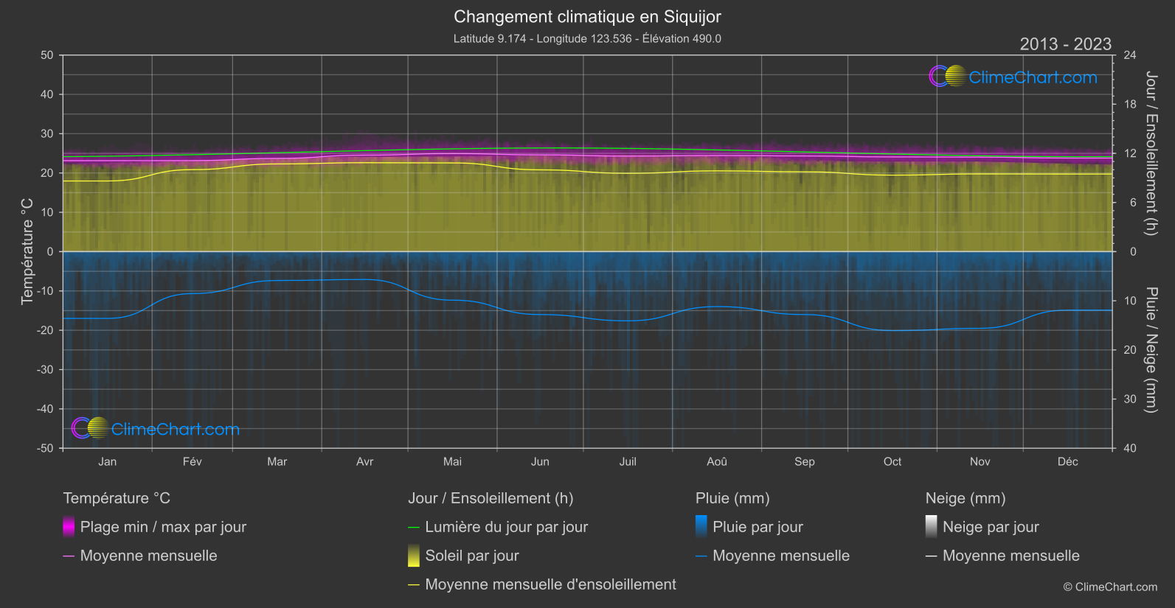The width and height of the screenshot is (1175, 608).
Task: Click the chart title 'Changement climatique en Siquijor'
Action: click(587, 16)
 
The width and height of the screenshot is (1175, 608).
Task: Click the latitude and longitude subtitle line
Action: click(587, 38)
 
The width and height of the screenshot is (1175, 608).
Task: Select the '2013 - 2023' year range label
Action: click(1065, 44)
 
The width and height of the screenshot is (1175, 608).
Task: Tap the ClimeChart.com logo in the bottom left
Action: click(156, 429)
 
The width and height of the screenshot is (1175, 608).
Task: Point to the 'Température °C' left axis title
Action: click(27, 251)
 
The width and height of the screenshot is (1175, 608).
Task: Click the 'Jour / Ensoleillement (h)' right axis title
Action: click(1151, 153)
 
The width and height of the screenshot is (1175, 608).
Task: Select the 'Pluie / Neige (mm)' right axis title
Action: click(1151, 349)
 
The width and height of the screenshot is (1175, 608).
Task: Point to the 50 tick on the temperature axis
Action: click(47, 55)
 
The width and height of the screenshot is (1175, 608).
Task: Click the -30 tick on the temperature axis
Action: click(45, 369)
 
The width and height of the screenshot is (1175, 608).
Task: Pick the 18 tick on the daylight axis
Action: click(1130, 105)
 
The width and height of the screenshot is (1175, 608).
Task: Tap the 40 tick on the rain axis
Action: click(1130, 448)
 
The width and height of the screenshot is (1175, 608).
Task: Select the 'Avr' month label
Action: click(364, 461)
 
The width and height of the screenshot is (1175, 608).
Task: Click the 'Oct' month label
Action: click(892, 461)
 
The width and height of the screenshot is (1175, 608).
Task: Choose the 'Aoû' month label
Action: click(716, 461)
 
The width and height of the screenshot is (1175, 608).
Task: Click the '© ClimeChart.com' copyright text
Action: click(1110, 587)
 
